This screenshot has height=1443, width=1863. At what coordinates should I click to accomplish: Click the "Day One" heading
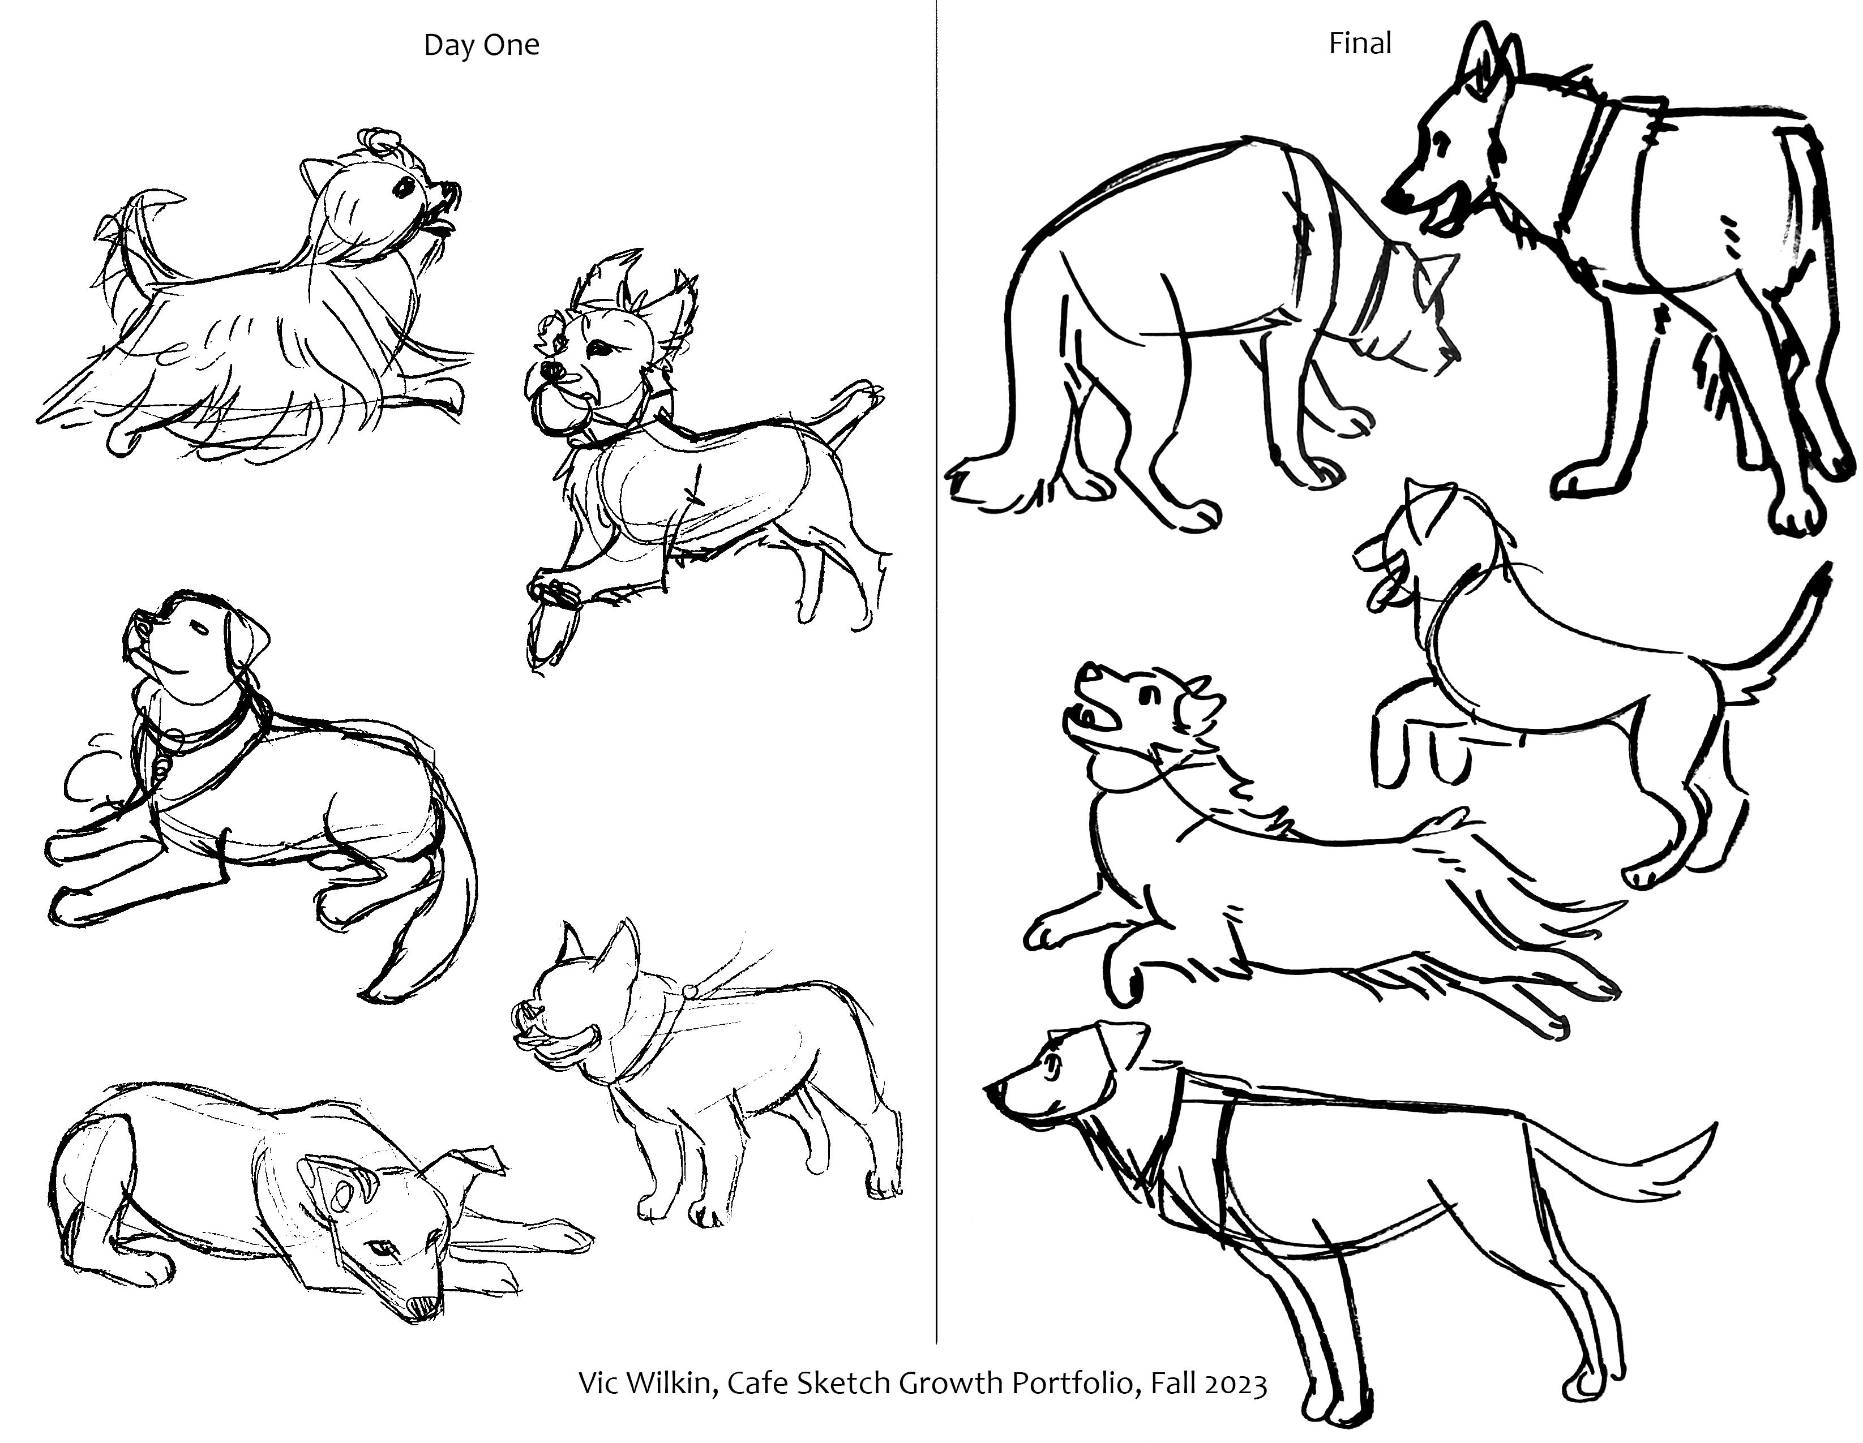pyautogui.click(x=481, y=44)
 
